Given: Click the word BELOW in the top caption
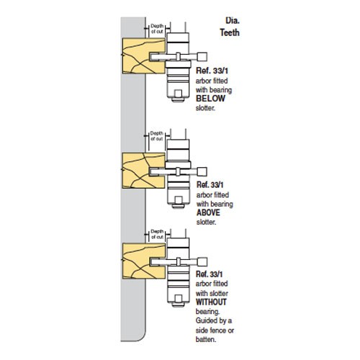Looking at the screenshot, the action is [x=210, y=99].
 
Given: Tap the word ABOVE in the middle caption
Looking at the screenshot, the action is [x=208, y=212].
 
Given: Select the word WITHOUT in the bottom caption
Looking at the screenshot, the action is [x=211, y=302].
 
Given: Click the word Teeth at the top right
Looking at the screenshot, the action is [x=230, y=32].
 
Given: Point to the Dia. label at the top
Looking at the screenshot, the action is [x=233, y=21].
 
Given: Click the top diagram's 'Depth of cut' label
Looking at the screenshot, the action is [x=157, y=29].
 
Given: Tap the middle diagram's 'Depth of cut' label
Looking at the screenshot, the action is [x=157, y=136].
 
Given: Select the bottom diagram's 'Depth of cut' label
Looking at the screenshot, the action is [x=157, y=234].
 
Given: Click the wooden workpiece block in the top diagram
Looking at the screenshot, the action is [x=143, y=55].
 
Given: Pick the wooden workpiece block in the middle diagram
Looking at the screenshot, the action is [x=143, y=171].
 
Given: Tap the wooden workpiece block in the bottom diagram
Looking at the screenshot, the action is [x=143, y=261].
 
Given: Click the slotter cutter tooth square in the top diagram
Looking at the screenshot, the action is [x=202, y=57].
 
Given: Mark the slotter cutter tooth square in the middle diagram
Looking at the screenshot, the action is [x=202, y=171].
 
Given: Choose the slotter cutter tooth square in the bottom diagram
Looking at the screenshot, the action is [x=202, y=262].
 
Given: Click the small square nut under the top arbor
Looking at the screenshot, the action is [x=178, y=94].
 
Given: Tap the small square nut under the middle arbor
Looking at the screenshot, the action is [x=178, y=200].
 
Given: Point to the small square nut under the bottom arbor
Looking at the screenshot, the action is [x=178, y=299].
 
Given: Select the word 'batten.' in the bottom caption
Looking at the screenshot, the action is [x=206, y=339].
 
